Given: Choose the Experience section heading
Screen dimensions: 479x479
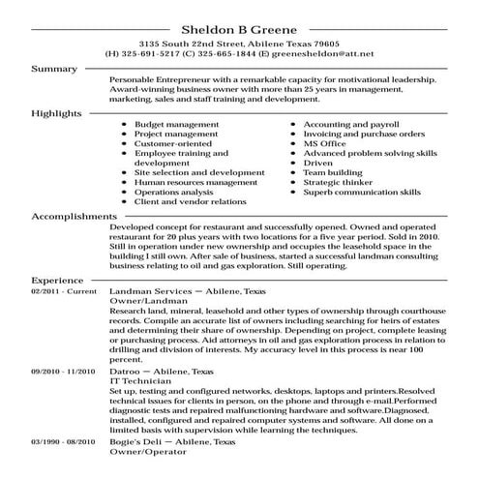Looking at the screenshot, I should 58,277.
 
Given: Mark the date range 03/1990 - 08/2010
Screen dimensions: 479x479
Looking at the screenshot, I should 66,442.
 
